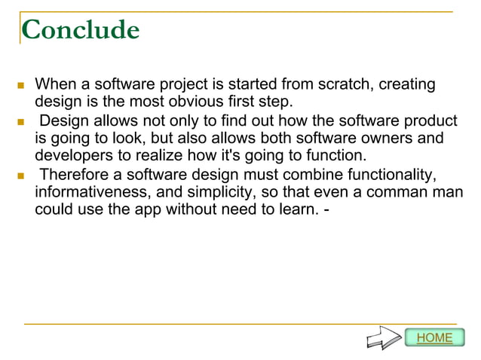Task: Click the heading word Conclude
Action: pyautogui.click(x=81, y=30)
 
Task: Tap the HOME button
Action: pyautogui.click(x=435, y=337)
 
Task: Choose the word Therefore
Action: pyautogui.click(x=73, y=175)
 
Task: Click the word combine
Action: pyautogui.click(x=299, y=175)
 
